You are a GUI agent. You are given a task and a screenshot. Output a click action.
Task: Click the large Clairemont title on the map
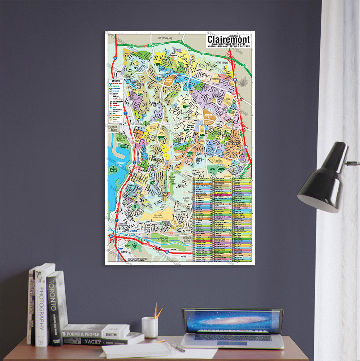[228, 39]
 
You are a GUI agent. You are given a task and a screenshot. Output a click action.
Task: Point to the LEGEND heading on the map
[116, 80]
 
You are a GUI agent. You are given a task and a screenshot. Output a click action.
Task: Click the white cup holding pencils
[149, 327]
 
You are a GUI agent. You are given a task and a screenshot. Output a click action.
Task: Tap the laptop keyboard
[233, 338]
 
